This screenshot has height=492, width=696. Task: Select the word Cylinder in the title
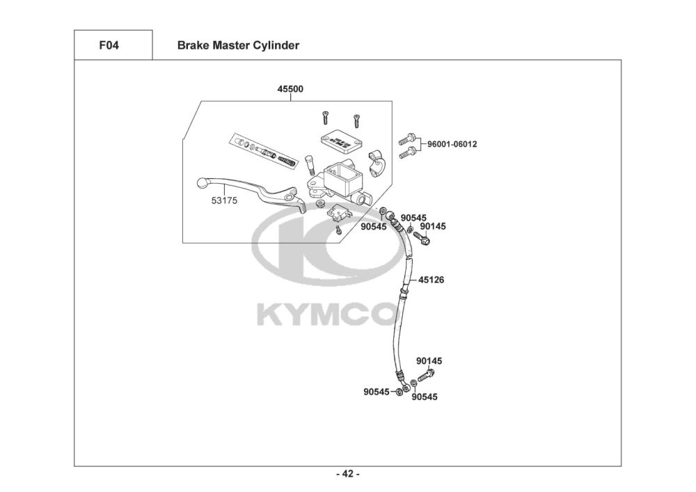point(276,46)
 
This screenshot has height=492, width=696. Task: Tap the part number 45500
point(290,89)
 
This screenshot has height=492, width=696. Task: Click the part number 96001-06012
point(452,144)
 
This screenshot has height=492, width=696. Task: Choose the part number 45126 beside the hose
point(432,280)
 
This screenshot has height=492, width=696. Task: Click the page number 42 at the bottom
point(347,475)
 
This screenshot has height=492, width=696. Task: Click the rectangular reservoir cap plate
point(340,139)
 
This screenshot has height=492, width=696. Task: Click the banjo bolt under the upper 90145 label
point(422,239)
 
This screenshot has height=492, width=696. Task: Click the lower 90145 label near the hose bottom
point(429,361)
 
